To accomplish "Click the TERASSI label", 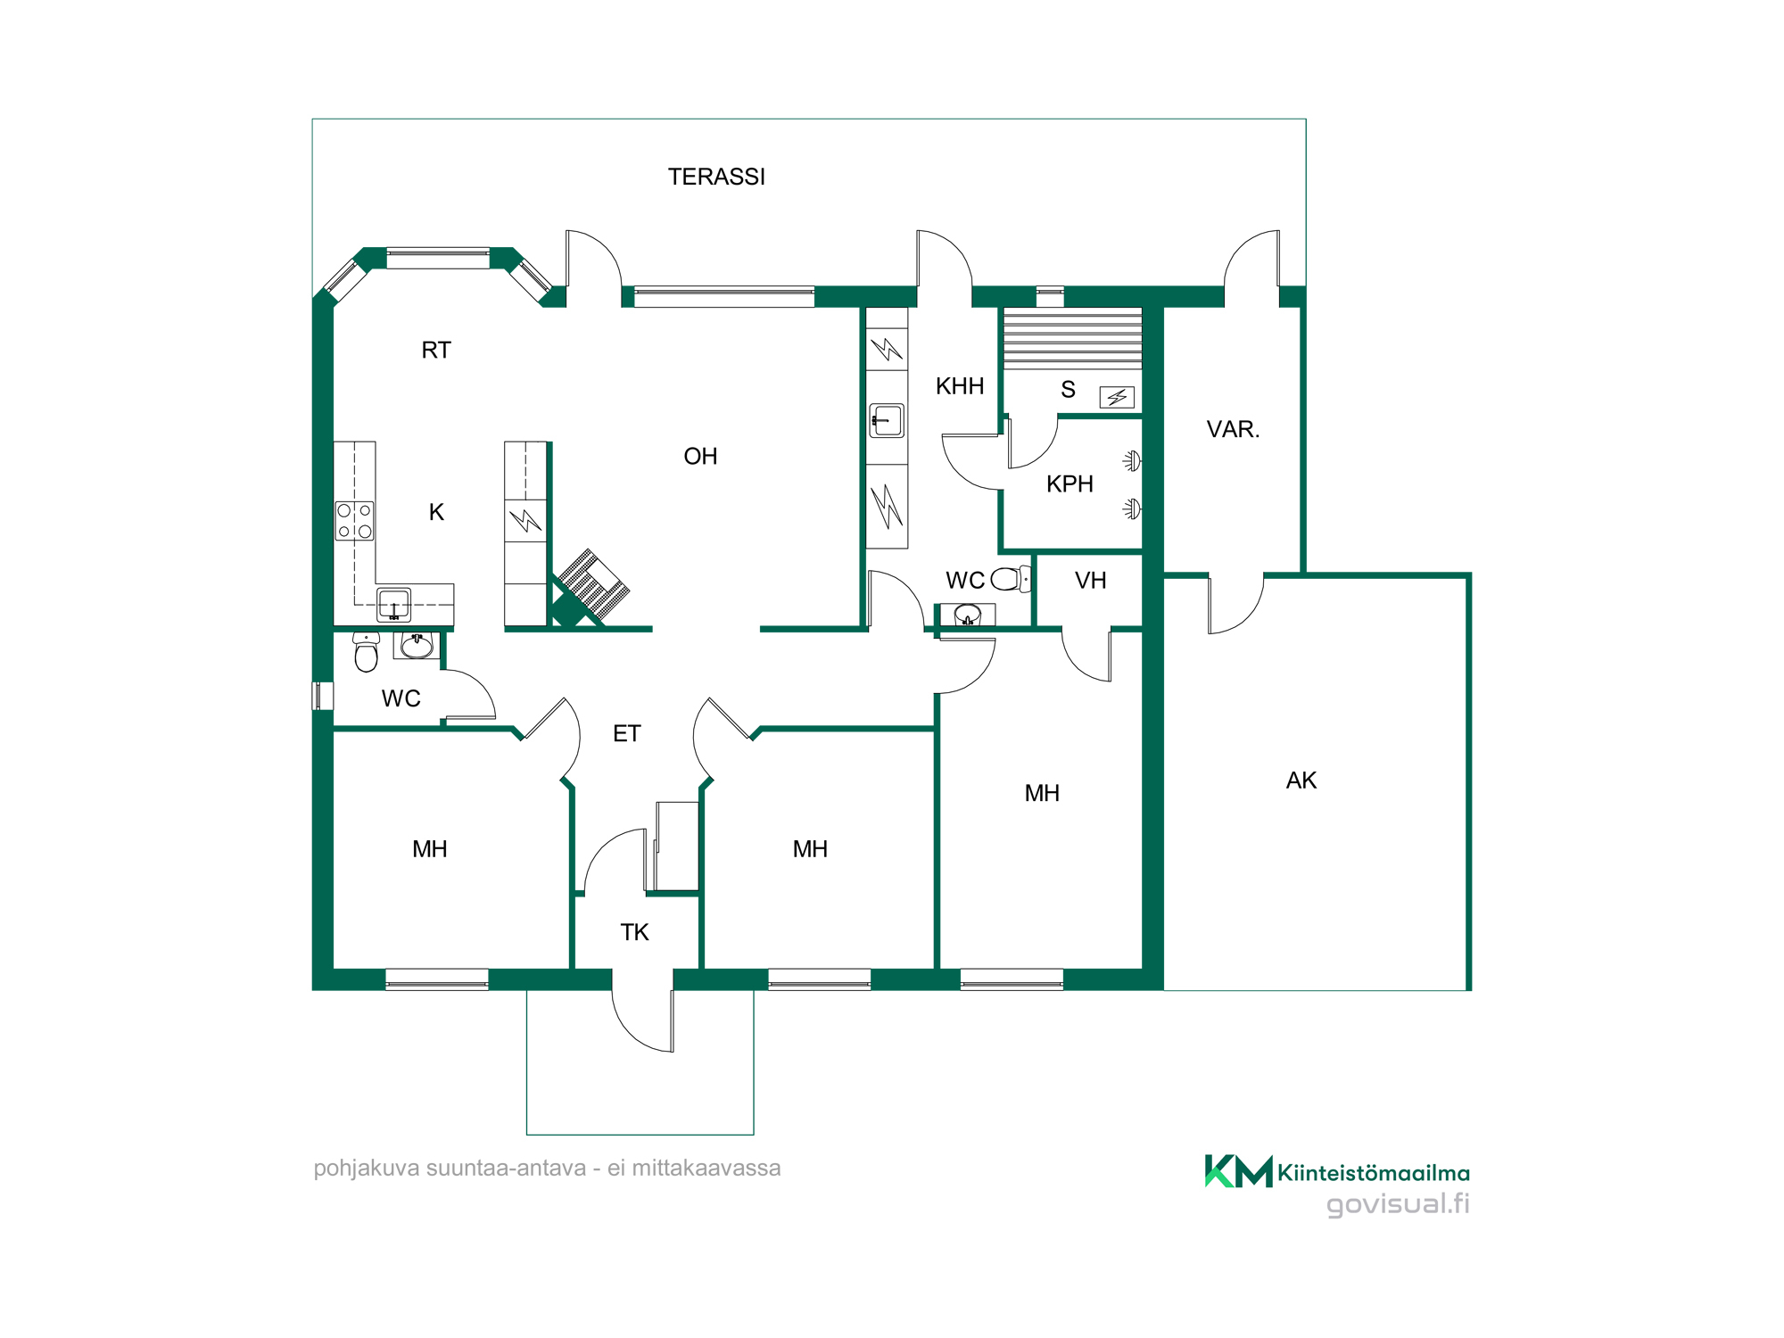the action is (x=716, y=177).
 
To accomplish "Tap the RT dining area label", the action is (x=436, y=350).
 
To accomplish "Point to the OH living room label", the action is (x=700, y=456).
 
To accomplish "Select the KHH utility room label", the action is (x=960, y=386).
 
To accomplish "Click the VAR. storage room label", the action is (x=1233, y=429).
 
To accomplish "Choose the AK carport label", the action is (x=1301, y=780).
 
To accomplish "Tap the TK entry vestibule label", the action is (x=634, y=932).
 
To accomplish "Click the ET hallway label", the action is (x=626, y=733).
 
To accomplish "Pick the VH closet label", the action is (x=1090, y=581).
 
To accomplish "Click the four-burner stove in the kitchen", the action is (x=354, y=521).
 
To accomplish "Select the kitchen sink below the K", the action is (x=393, y=605).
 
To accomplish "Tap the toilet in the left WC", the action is (x=366, y=652).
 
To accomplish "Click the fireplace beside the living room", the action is (x=590, y=586).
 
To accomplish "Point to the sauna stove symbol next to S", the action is (x=1117, y=397).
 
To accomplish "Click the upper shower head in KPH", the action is (x=1131, y=461).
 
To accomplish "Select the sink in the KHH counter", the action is (x=887, y=420).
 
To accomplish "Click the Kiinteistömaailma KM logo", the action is (x=1238, y=1171).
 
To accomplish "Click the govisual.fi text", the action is (x=1398, y=1204).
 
